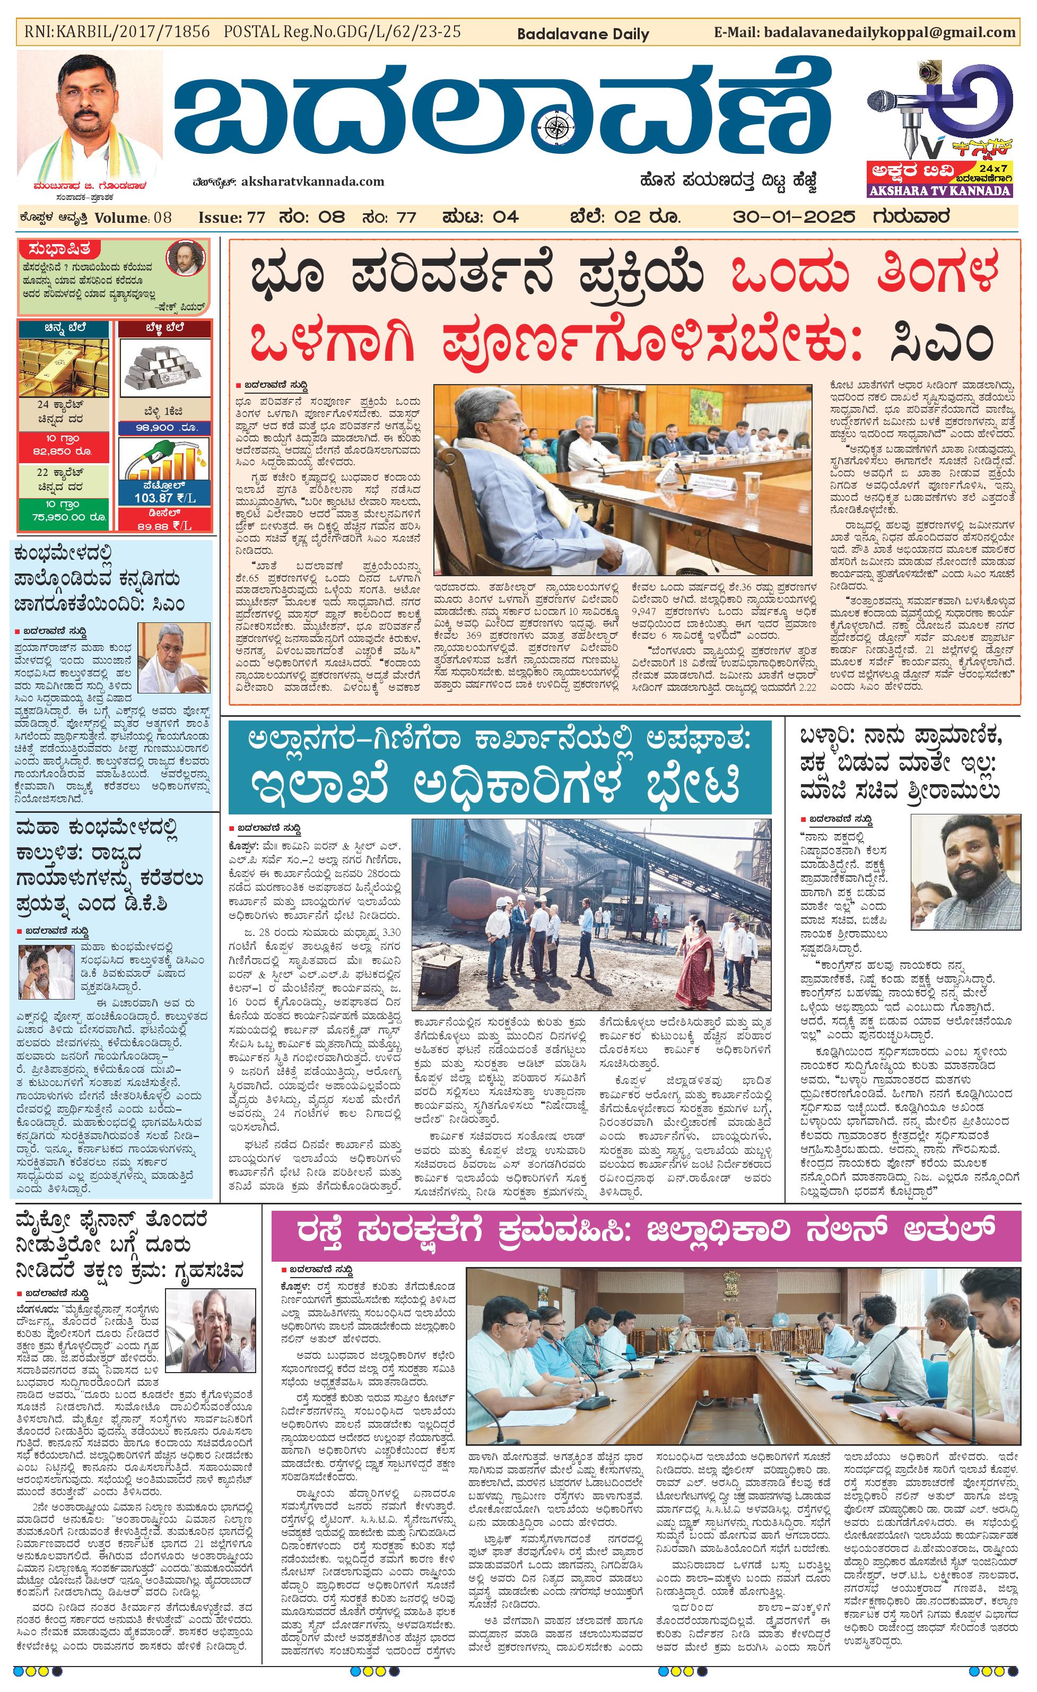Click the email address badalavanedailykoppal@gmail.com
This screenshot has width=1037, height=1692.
(x=889, y=32)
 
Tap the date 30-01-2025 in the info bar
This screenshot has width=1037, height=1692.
(x=794, y=217)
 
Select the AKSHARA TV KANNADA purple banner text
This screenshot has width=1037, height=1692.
(x=939, y=191)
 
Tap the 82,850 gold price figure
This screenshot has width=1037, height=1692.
(x=63, y=451)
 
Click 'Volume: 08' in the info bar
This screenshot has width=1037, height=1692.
(x=133, y=218)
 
